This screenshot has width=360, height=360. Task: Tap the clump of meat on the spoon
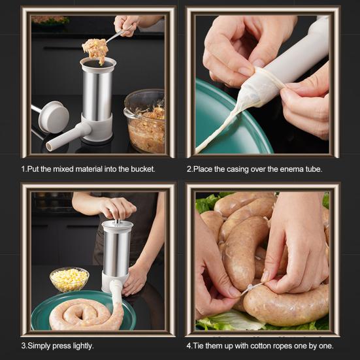coord(95,50)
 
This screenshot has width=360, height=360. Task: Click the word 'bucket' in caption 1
coord(140,169)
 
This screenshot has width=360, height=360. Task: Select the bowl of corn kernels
coord(69,279)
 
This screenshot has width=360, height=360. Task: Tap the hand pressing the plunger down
coord(118,208)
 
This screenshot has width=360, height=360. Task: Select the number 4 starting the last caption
coord(189,346)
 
